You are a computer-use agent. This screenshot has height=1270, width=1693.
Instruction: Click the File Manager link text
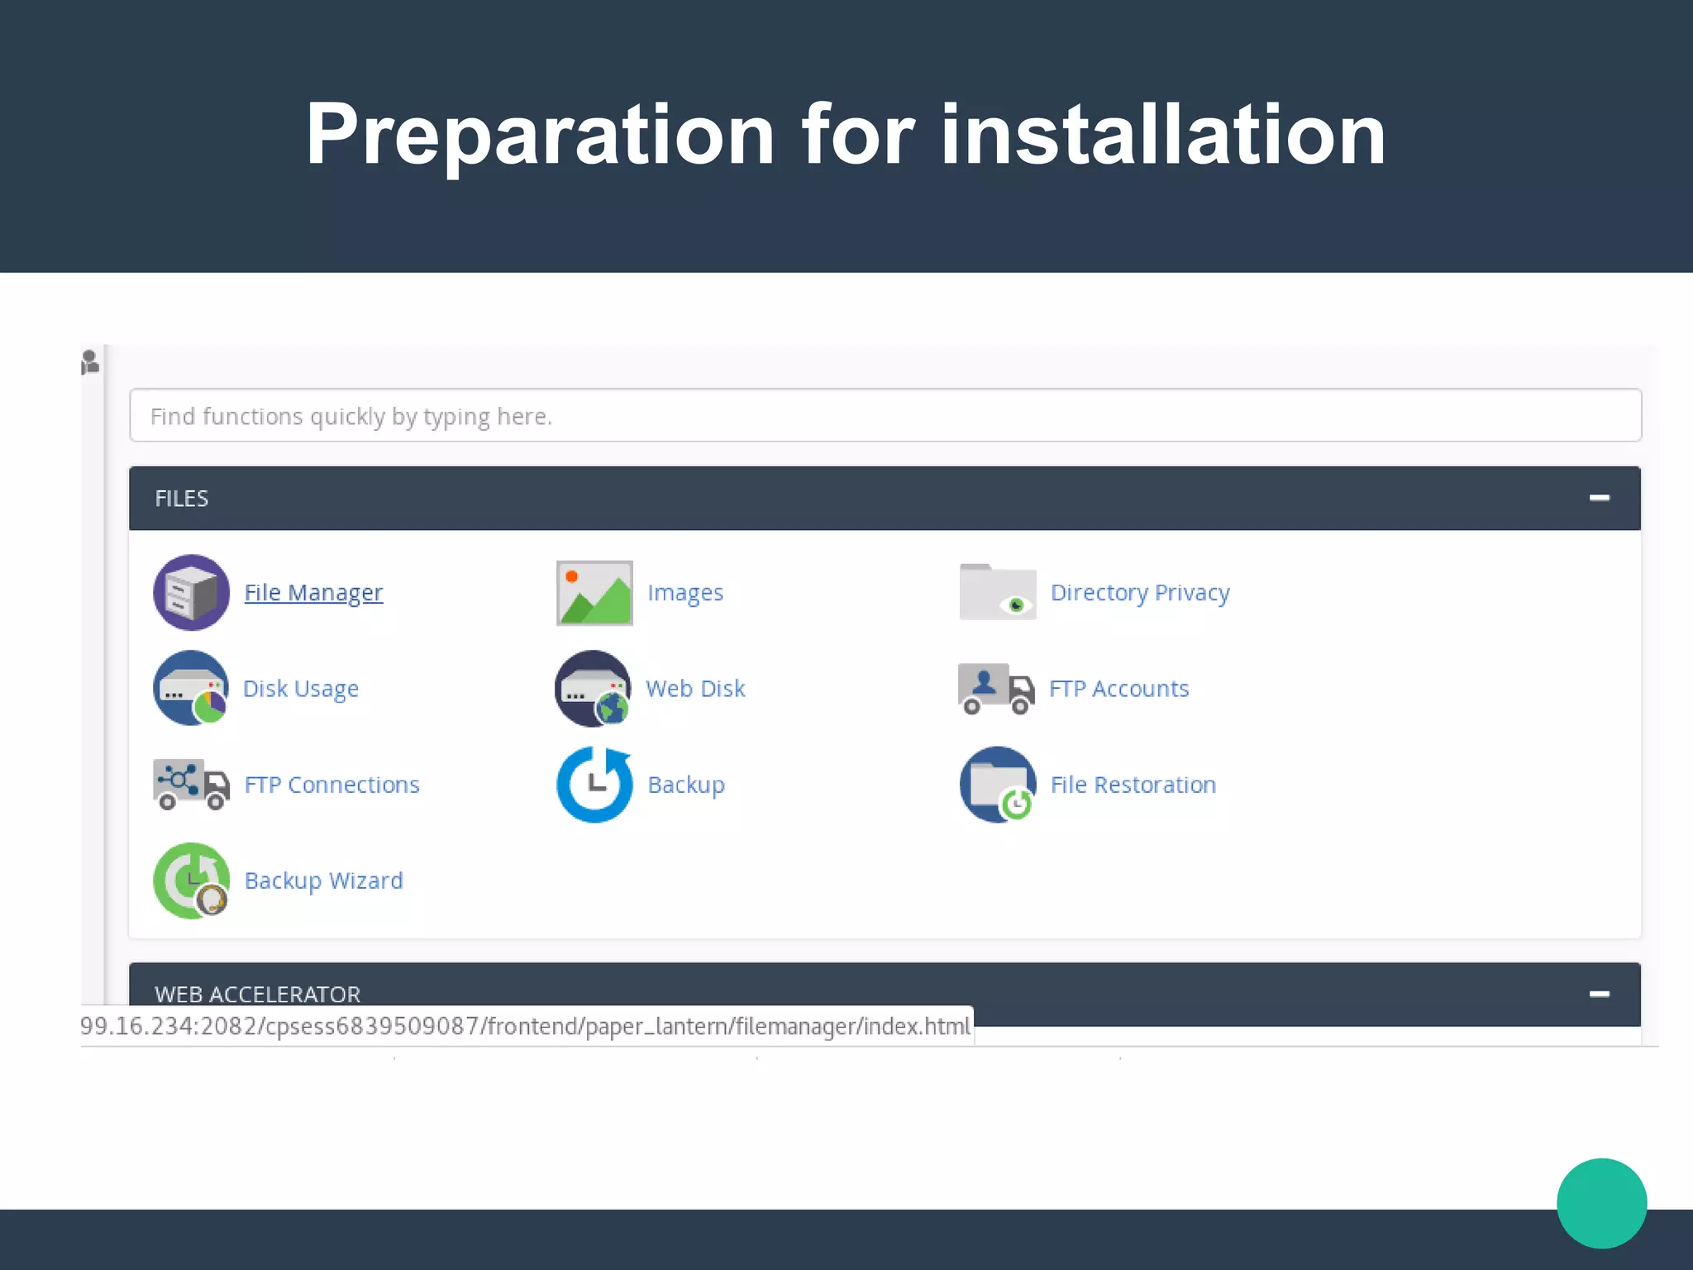click(x=313, y=593)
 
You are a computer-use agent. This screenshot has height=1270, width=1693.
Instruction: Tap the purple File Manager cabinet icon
click(x=191, y=593)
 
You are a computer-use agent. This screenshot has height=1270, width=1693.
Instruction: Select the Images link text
click(x=685, y=593)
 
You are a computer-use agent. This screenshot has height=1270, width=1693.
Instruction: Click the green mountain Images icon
click(x=594, y=593)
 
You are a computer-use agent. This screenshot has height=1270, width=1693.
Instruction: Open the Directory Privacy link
click(x=1140, y=593)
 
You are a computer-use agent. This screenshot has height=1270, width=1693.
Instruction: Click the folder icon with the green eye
click(x=998, y=592)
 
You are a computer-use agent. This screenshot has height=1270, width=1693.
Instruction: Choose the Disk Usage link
click(x=301, y=689)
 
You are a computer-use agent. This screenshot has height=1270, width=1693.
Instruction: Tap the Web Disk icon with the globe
click(x=594, y=689)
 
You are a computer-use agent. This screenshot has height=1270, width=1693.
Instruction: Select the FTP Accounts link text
click(x=1118, y=689)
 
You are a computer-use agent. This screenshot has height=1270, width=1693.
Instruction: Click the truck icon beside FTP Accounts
click(x=996, y=689)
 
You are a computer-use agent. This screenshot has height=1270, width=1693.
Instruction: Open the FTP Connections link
click(x=331, y=785)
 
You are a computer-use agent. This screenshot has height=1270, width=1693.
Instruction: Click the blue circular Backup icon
click(x=594, y=785)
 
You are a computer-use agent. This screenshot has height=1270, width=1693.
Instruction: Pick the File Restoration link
click(x=1133, y=785)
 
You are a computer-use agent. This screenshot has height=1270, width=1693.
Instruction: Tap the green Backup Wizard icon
click(x=191, y=881)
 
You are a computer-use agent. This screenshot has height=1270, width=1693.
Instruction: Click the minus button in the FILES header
click(x=1599, y=498)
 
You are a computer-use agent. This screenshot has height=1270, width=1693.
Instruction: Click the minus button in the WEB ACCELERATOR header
click(x=1599, y=994)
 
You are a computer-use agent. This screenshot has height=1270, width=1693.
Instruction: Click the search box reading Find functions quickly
click(x=885, y=415)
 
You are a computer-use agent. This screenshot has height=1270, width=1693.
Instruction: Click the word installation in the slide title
click(x=1163, y=134)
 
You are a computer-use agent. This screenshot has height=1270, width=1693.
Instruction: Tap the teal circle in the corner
click(x=1601, y=1203)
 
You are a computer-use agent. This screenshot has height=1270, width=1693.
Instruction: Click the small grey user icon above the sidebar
click(x=90, y=362)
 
